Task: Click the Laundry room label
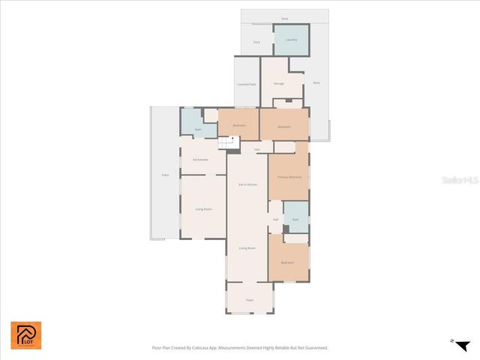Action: pos(292,40)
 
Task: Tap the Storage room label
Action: pos(278,83)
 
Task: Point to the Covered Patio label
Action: pos(247,85)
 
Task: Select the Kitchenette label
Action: pos(200,160)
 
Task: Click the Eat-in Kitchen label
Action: pos(247,184)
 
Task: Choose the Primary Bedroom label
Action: pos(289,177)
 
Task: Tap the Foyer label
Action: pos(250,300)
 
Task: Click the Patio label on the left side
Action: pos(165,175)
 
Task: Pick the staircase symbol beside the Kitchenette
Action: pos(226,142)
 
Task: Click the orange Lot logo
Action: pos(26,335)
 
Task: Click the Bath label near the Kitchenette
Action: pos(198,130)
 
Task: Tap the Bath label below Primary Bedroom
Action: pos(295,220)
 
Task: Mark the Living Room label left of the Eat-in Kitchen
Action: pos(202,209)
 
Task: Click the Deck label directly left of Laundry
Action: pos(256,43)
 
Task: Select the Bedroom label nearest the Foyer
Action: pos(288,262)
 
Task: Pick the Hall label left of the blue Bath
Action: pos(275,220)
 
